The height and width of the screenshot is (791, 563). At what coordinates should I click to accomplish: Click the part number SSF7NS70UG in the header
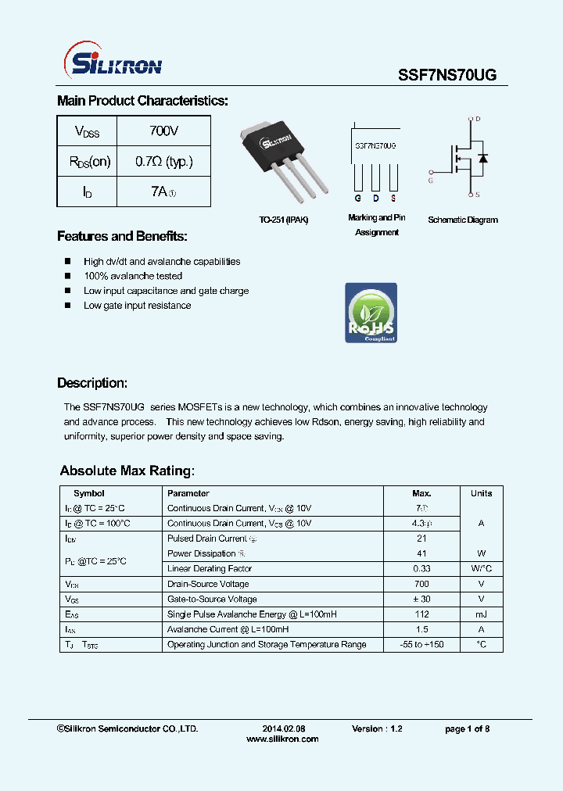tap(447, 75)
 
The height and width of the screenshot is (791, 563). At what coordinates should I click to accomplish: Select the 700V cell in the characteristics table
tap(163, 131)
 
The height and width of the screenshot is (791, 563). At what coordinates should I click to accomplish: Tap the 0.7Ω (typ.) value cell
tap(163, 162)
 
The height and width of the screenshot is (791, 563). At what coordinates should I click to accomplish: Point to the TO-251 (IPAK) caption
tap(284, 220)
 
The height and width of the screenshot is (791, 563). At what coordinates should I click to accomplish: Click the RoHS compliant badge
tap(371, 313)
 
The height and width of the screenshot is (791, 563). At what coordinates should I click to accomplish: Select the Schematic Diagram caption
tap(463, 220)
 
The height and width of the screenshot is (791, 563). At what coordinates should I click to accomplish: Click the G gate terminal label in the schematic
tap(429, 181)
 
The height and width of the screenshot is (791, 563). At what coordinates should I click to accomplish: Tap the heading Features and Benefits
tap(122, 236)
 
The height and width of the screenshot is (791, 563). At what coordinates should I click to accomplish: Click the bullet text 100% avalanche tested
tap(133, 276)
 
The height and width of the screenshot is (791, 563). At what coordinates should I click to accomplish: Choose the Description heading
tap(92, 383)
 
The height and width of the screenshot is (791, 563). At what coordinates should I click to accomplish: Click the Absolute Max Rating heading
tap(127, 471)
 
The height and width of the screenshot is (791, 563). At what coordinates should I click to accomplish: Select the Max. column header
tap(421, 493)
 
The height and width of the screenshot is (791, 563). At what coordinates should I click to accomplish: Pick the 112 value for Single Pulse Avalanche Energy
tap(421, 614)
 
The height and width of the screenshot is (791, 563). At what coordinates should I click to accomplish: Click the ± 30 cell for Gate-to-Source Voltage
tap(421, 600)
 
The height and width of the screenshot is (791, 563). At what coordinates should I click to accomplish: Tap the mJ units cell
tap(481, 614)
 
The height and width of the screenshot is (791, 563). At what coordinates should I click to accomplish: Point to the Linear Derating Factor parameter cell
tap(210, 569)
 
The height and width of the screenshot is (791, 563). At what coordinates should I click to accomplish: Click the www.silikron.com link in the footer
tap(282, 739)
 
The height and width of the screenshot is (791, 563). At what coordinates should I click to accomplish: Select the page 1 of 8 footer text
tap(467, 728)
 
